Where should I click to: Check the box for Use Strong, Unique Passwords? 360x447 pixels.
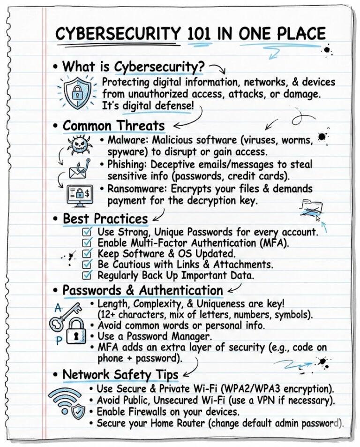pyautogui.click(x=87, y=232)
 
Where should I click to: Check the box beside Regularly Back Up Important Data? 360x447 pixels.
pyautogui.click(x=87, y=275)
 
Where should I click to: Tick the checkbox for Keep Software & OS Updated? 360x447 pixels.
pyautogui.click(x=87, y=253)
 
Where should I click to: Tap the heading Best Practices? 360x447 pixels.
pyautogui.click(x=105, y=219)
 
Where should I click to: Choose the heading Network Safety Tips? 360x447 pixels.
pyautogui.click(x=120, y=375)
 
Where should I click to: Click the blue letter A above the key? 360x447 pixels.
pyautogui.click(x=58, y=308)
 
